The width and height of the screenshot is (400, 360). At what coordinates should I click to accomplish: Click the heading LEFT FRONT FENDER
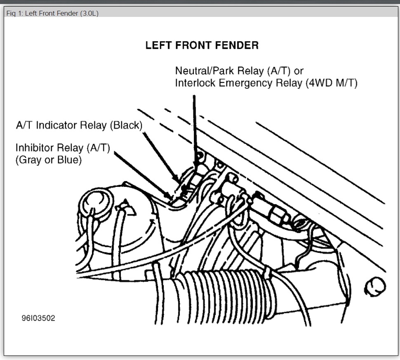(202, 45)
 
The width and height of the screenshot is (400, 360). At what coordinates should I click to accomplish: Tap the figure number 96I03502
(38, 318)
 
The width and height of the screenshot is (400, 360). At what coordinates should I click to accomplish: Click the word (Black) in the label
(126, 125)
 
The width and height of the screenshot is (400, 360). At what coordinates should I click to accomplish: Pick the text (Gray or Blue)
(49, 160)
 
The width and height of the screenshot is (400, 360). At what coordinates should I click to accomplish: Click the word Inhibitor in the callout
(35, 148)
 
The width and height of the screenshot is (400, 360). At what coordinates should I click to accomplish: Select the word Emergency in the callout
(245, 83)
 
